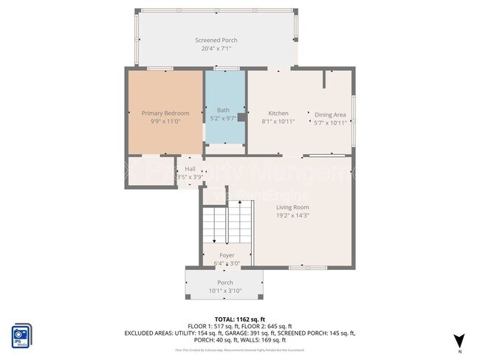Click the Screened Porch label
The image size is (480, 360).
click(x=216, y=40)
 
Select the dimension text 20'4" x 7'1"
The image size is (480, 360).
click(x=216, y=49)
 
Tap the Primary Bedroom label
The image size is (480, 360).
click(x=165, y=113)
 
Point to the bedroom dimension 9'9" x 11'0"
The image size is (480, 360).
click(x=165, y=121)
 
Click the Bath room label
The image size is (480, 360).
click(x=223, y=109)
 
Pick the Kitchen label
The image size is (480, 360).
click(x=278, y=113)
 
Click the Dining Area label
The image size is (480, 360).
click(x=330, y=114)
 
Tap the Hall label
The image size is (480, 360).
click(x=190, y=169)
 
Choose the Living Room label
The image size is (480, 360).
click(x=292, y=207)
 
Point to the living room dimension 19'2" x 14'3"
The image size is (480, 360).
click(x=292, y=215)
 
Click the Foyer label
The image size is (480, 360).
click(x=227, y=255)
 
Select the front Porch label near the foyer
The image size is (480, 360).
click(x=225, y=283)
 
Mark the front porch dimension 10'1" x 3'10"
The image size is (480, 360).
click(x=225, y=291)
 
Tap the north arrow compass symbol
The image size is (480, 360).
click(x=459, y=339)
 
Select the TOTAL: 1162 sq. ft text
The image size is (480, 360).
click(x=239, y=319)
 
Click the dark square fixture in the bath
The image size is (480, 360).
click(x=241, y=117)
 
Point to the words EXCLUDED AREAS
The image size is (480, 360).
click(x=150, y=333)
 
